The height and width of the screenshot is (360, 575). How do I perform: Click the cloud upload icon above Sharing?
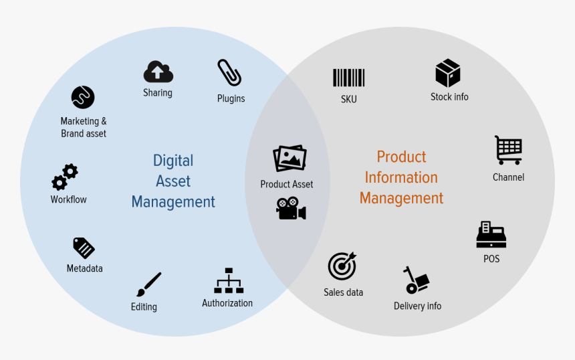(x=158, y=72)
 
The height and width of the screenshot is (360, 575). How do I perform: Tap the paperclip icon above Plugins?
(x=229, y=73)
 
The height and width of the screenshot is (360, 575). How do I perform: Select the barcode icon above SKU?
(x=348, y=78)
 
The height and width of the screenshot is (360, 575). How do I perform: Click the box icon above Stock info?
(x=448, y=73)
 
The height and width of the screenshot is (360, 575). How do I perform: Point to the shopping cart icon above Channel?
(x=509, y=150)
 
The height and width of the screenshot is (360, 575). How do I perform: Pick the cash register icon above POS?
(x=491, y=235)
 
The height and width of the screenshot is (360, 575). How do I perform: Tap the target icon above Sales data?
(x=342, y=266)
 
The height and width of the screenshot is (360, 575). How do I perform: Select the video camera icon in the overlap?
(x=291, y=208)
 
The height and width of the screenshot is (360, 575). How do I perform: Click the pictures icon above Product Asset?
(x=290, y=159)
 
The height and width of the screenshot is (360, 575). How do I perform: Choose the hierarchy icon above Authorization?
(x=229, y=281)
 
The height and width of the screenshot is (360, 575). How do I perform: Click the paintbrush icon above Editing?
(x=148, y=284)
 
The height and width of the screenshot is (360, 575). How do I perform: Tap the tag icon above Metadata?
(x=84, y=248)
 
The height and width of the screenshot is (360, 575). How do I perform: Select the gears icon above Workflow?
(x=65, y=177)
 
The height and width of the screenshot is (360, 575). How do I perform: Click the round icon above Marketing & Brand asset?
(x=83, y=98)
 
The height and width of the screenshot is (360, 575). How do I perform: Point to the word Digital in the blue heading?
(x=172, y=161)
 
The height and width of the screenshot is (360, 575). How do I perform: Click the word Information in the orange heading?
(x=401, y=178)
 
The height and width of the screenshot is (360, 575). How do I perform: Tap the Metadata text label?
(x=85, y=268)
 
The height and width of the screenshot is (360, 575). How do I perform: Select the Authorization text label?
(x=227, y=303)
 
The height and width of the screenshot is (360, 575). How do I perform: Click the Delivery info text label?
(x=417, y=306)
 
